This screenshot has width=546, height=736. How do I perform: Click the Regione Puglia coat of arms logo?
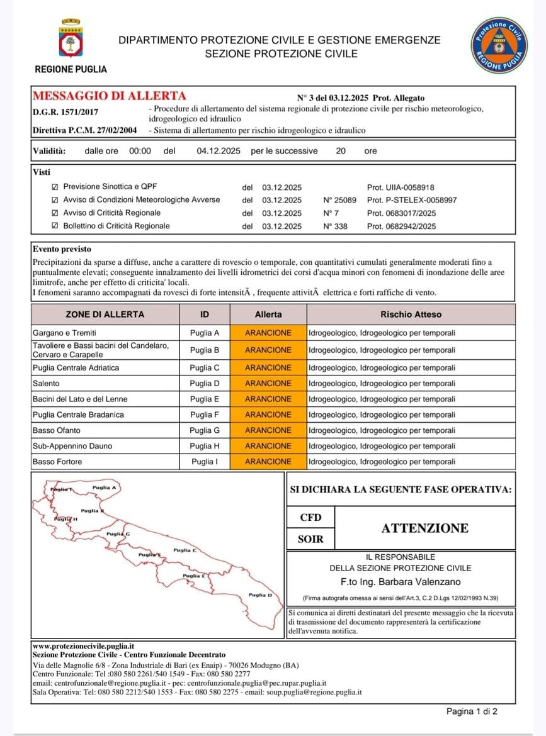click(x=71, y=39)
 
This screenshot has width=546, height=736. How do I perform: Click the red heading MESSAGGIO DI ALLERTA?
click(x=110, y=96)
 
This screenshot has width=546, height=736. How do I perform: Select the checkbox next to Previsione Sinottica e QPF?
click(x=55, y=187)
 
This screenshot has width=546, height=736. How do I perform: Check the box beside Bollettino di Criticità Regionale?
click(x=55, y=226)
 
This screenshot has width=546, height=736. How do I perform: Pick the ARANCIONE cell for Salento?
click(x=268, y=383)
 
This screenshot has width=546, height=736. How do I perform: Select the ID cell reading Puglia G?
click(x=205, y=430)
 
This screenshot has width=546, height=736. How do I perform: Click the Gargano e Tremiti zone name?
click(x=64, y=333)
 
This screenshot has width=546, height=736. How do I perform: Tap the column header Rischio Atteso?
click(x=411, y=314)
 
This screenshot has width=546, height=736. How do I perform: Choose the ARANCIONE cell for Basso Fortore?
click(x=268, y=462)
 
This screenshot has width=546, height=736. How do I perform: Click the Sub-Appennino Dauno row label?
click(x=72, y=446)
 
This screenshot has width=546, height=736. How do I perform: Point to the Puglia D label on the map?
click(x=260, y=594)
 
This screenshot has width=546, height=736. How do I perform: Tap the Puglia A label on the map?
click(x=104, y=488)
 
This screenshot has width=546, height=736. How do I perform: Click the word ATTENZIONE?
click(x=424, y=528)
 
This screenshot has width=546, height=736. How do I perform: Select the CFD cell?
click(x=310, y=518)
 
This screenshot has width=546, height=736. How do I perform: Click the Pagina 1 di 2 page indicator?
click(x=472, y=711)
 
